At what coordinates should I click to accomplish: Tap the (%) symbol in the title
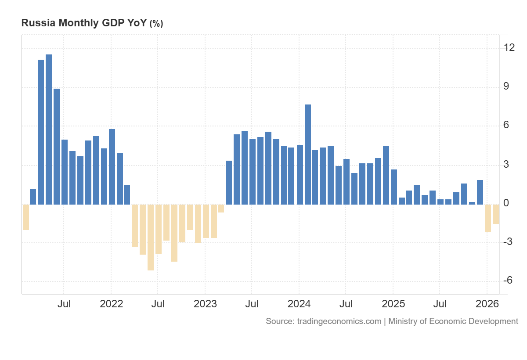pyautogui.click(x=156, y=24)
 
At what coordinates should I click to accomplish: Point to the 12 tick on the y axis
pyautogui.click(x=509, y=47)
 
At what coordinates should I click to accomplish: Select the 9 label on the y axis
pyautogui.click(x=506, y=86)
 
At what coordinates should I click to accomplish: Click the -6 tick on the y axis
pyautogui.click(x=508, y=281)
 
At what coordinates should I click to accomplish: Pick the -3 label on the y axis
pyautogui.click(x=508, y=241)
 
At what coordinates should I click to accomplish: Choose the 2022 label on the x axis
pyautogui.click(x=111, y=304)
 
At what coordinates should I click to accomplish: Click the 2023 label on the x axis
pyautogui.click(x=205, y=304)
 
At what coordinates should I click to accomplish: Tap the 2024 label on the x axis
pyautogui.click(x=299, y=304)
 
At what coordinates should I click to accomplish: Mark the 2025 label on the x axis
pyautogui.click(x=393, y=304)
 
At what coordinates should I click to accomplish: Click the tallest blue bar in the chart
pyautogui.click(x=49, y=130)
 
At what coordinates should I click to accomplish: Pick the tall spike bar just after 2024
pyautogui.click(x=308, y=155)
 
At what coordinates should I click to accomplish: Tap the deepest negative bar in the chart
pyautogui.click(x=151, y=237)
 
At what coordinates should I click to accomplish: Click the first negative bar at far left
pyautogui.click(x=25, y=217)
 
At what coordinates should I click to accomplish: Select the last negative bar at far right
pyautogui.click(x=496, y=214)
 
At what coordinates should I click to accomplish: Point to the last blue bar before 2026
pyautogui.click(x=480, y=192)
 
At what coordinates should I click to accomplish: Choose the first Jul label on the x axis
pyautogui.click(x=64, y=304)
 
